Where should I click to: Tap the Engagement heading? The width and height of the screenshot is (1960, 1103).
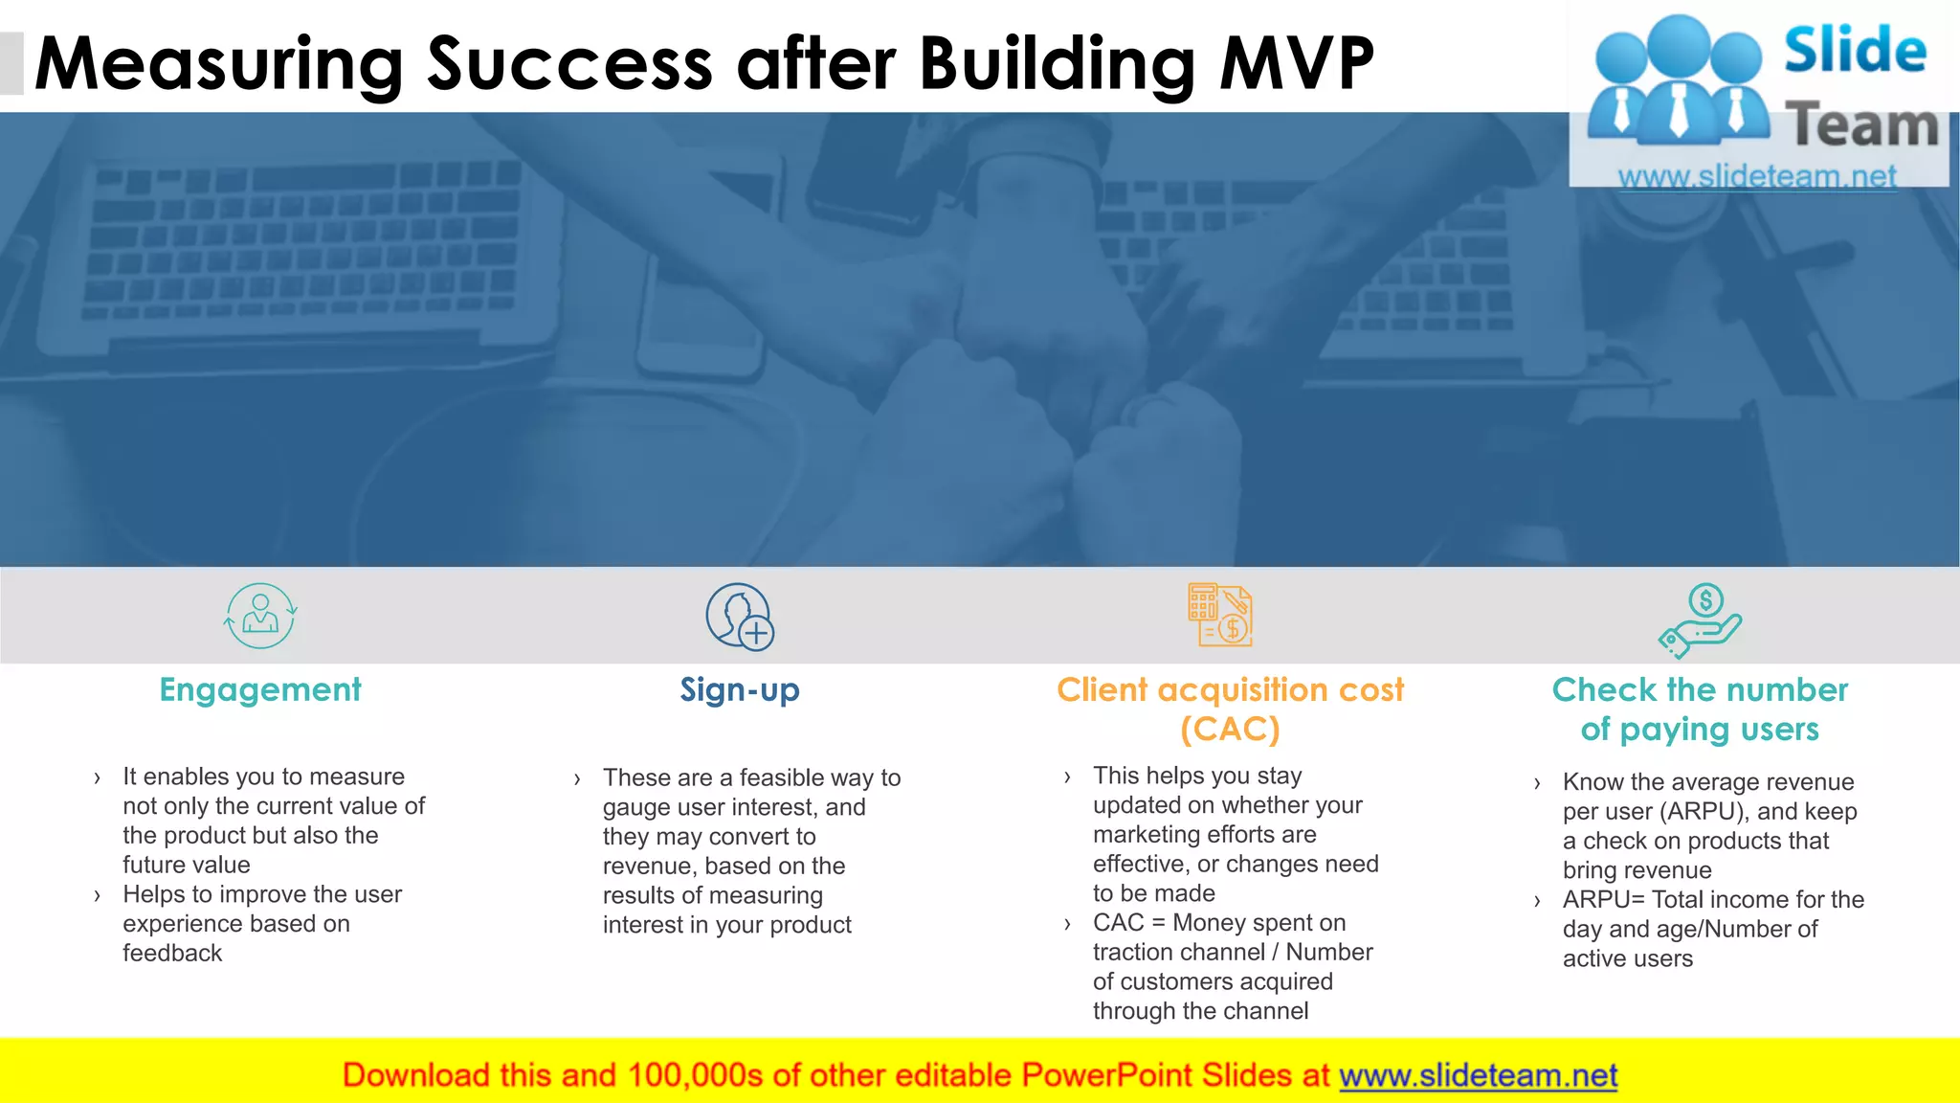[x=260, y=689]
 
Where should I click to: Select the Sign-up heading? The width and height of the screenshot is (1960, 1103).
[x=740, y=689]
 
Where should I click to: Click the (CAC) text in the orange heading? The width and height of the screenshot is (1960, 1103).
[x=1230, y=730]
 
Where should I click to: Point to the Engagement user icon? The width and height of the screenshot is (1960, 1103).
[x=260, y=617]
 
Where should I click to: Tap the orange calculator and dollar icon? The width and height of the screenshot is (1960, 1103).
[x=1220, y=615]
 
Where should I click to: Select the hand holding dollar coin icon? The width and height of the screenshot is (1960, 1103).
[x=1701, y=620]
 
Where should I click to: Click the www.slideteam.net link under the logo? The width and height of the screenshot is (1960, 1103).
[x=1757, y=176]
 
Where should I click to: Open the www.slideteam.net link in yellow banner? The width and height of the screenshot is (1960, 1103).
[x=1478, y=1075]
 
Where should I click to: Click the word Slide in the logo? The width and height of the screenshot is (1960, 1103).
[x=1855, y=51]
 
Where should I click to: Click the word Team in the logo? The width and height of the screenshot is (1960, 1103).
[x=1862, y=125]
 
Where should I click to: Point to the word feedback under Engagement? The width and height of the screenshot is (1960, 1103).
[x=172, y=954]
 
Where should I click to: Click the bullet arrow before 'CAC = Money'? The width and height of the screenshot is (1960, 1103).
[x=1067, y=924]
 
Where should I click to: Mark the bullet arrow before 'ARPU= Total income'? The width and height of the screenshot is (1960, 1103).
[x=1537, y=901]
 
